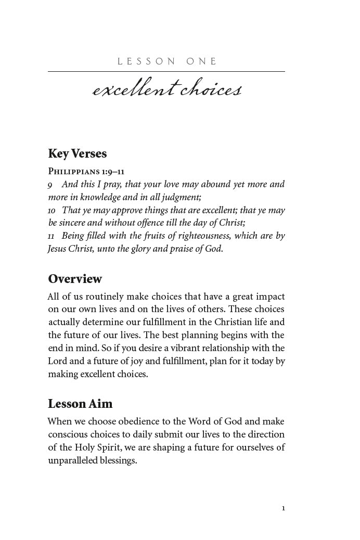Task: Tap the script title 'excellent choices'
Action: (166, 89)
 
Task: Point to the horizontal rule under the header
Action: (166, 71)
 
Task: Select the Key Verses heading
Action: (78, 154)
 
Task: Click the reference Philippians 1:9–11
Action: (86, 171)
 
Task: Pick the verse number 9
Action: (50, 185)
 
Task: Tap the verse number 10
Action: (52, 211)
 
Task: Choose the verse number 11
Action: (51, 236)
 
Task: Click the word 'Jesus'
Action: (58, 249)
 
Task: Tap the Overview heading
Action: (75, 279)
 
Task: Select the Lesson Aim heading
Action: (80, 404)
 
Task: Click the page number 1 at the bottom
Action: (283, 508)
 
